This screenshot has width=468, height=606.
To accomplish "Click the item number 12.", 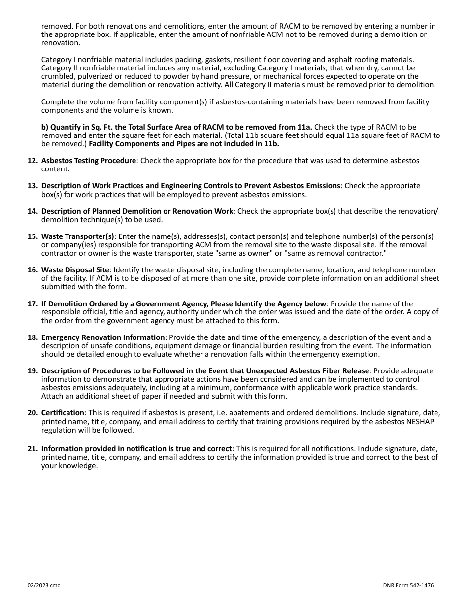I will pyautogui.click(x=32, y=161).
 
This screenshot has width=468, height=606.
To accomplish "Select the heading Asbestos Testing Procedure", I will pyautogui.click(x=88, y=161).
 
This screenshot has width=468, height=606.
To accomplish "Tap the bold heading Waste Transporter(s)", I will pyautogui.click(x=78, y=236).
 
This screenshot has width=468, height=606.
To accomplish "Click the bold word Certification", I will pyautogui.click(x=63, y=412).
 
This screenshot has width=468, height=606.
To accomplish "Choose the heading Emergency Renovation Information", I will pyautogui.click(x=103, y=337).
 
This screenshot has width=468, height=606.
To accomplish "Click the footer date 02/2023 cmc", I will pyautogui.click(x=44, y=585).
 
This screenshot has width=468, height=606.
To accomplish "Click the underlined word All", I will pyautogui.click(x=229, y=85).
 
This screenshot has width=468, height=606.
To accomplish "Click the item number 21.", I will pyautogui.click(x=32, y=449).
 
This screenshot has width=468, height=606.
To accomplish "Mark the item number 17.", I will pyautogui.click(x=32, y=304).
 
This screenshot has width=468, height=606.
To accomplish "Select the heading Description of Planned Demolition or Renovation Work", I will pyautogui.click(x=137, y=211).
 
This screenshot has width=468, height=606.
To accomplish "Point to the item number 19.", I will pyautogui.click(x=32, y=371).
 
